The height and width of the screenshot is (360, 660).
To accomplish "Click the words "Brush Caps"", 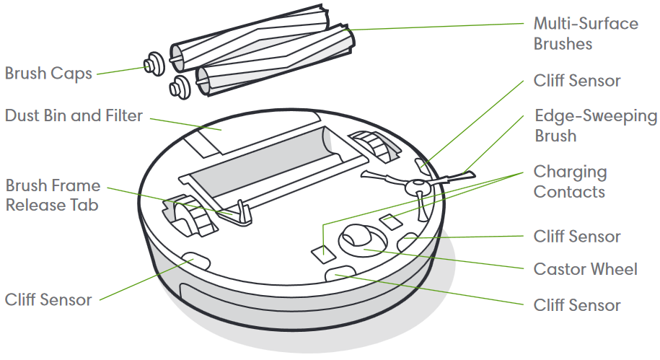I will pyautogui.click(x=48, y=74).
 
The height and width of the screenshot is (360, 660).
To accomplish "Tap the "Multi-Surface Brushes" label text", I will pyautogui.click(x=585, y=33).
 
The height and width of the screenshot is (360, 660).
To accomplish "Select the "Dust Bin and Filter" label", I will pyautogui.click(x=74, y=115).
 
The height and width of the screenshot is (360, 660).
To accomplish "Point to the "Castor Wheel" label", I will pyautogui.click(x=585, y=269).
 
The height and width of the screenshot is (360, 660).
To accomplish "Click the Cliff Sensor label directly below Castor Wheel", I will pyautogui.click(x=576, y=305).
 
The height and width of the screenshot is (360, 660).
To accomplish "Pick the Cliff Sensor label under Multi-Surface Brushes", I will pyautogui.click(x=576, y=80).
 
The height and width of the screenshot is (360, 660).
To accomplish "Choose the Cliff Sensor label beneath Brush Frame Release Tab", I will pyautogui.click(x=48, y=299).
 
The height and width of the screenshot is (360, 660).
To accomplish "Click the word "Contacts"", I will pyautogui.click(x=568, y=191).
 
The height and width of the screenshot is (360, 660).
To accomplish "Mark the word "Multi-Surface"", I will pyautogui.click(x=585, y=23).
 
